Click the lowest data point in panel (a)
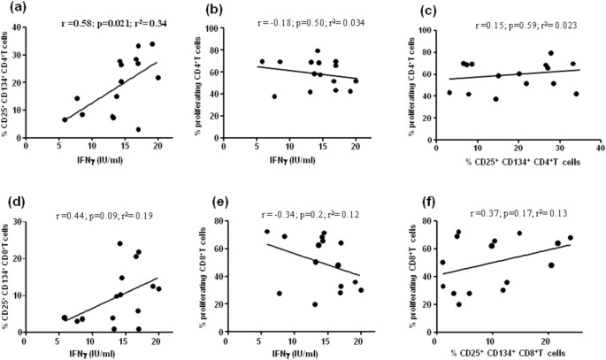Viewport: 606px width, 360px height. [138, 130]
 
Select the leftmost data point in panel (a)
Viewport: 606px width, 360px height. [65, 119]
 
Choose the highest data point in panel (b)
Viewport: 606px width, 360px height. [318, 50]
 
